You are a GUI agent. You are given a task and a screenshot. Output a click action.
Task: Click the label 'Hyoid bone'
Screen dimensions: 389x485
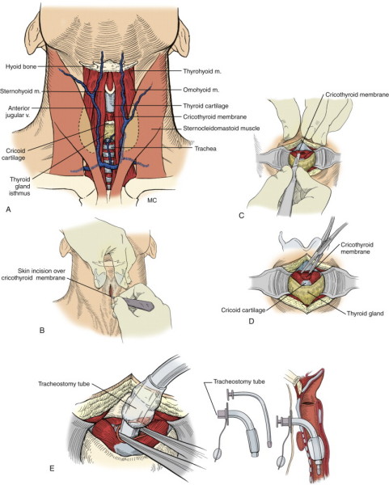coord(21,66)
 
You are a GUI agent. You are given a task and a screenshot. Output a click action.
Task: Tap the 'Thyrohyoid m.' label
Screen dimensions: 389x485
coord(202,71)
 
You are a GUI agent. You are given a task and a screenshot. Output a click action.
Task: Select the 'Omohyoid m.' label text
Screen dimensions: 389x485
coord(201,90)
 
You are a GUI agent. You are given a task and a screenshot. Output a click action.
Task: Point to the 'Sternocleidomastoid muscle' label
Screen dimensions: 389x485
coord(222,128)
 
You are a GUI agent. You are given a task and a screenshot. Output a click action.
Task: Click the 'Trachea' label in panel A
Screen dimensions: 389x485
coord(205,149)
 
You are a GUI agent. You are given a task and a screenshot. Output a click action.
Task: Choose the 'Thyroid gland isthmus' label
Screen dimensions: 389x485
coord(19,186)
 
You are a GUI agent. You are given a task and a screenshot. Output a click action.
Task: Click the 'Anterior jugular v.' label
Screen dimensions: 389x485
coord(19,112)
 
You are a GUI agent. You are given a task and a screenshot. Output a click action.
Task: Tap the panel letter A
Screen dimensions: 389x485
coord(8,209)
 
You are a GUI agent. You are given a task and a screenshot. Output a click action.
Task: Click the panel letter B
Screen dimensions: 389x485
coord(42,331)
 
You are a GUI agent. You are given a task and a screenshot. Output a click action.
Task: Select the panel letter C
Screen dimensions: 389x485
coord(242,216)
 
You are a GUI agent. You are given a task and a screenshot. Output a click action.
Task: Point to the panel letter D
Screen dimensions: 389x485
coord(252,322)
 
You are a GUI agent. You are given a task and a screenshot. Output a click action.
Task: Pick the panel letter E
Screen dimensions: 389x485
coord(52,469)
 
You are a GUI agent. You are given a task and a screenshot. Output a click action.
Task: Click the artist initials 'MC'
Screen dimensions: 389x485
coord(152,200)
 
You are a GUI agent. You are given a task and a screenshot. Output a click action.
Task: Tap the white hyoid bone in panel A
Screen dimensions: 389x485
coord(108,66)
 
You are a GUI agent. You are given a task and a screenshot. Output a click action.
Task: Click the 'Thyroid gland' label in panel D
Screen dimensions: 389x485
coord(366,314)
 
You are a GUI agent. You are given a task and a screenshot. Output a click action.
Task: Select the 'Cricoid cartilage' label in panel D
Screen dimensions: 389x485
coord(243,310)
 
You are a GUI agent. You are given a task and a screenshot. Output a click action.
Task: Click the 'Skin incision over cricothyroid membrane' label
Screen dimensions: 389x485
coord(33,274)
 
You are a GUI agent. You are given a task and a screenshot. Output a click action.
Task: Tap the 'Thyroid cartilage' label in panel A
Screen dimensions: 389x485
coord(205,106)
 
